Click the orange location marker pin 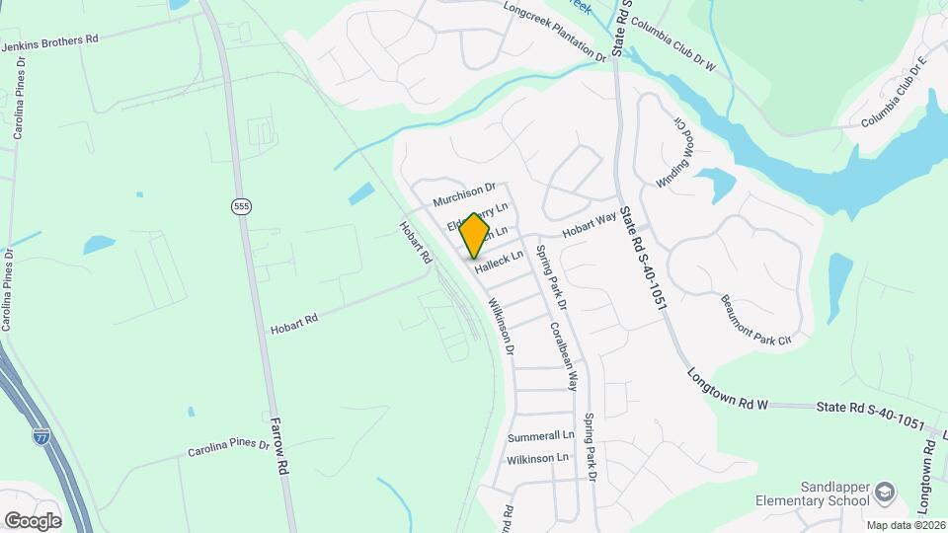(x=475, y=235)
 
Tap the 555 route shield (x=240, y=206)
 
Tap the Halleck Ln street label (x=498, y=262)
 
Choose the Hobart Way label (x=590, y=223)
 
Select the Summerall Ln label (x=540, y=435)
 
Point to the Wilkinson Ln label (x=537, y=458)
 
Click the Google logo (x=33, y=520)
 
